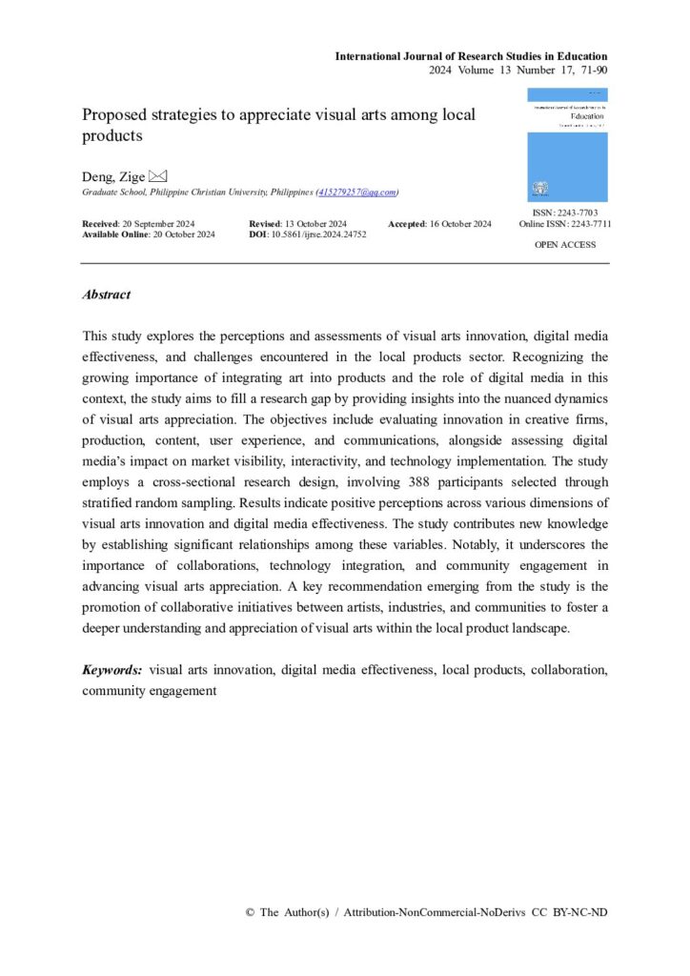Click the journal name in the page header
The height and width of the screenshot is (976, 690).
coord(471,56)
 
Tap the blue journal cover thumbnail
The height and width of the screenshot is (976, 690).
coord(567,145)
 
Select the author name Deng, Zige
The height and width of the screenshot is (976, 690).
coord(113,176)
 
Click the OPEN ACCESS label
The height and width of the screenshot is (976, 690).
coord(566,245)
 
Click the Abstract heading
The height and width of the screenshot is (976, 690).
coord(107,295)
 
